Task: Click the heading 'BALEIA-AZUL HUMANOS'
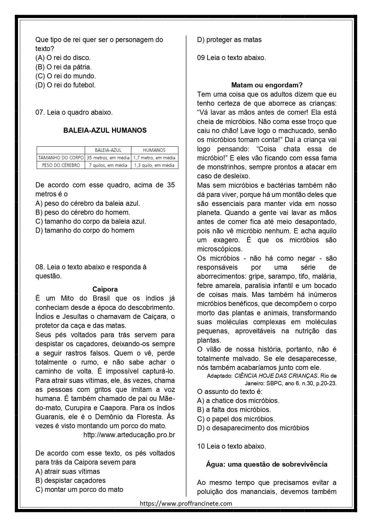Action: click(105, 130)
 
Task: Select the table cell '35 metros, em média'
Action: click(108, 158)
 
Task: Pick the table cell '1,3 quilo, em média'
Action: click(154, 165)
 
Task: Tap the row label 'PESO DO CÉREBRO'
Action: click(61, 165)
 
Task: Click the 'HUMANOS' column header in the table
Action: click(154, 150)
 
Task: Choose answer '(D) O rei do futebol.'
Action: click(65, 85)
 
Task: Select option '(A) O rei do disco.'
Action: click(63, 58)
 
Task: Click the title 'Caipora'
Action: click(105, 289)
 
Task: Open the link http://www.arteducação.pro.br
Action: click(129, 435)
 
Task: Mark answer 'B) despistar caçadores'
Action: click(70, 480)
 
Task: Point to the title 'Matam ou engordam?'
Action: click(267, 85)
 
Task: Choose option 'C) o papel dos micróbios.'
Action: click(236, 419)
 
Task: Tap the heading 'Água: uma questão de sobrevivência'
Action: click(267, 464)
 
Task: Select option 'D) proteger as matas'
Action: click(229, 40)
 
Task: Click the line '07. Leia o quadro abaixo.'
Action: click(74, 112)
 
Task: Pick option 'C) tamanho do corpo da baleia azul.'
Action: click(91, 221)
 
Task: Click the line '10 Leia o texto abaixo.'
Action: click(232, 446)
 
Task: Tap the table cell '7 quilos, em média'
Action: click(108, 165)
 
